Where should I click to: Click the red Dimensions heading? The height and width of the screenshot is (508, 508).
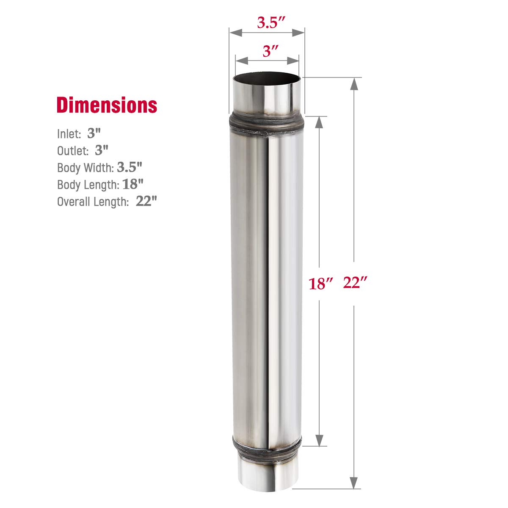click(x=107, y=105)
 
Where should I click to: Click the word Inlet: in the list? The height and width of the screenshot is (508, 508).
click(x=69, y=134)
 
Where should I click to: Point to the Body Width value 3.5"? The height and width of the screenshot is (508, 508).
click(x=130, y=167)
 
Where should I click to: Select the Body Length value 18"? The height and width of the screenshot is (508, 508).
click(x=133, y=184)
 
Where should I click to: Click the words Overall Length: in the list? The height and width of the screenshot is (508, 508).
click(x=93, y=202)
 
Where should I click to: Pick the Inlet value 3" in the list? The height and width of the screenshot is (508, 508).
click(x=94, y=134)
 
